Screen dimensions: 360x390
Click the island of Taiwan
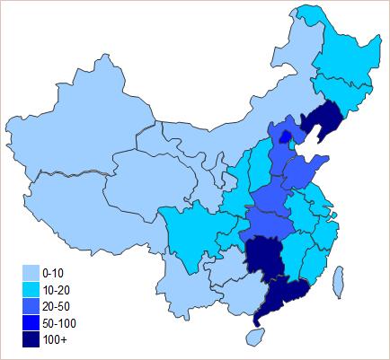click(x=339, y=280)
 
